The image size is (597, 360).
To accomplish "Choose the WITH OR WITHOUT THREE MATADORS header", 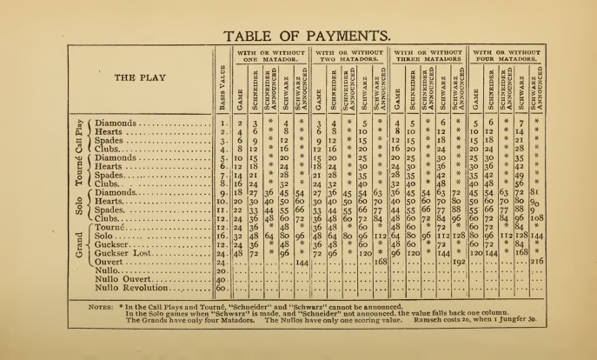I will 428,58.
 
